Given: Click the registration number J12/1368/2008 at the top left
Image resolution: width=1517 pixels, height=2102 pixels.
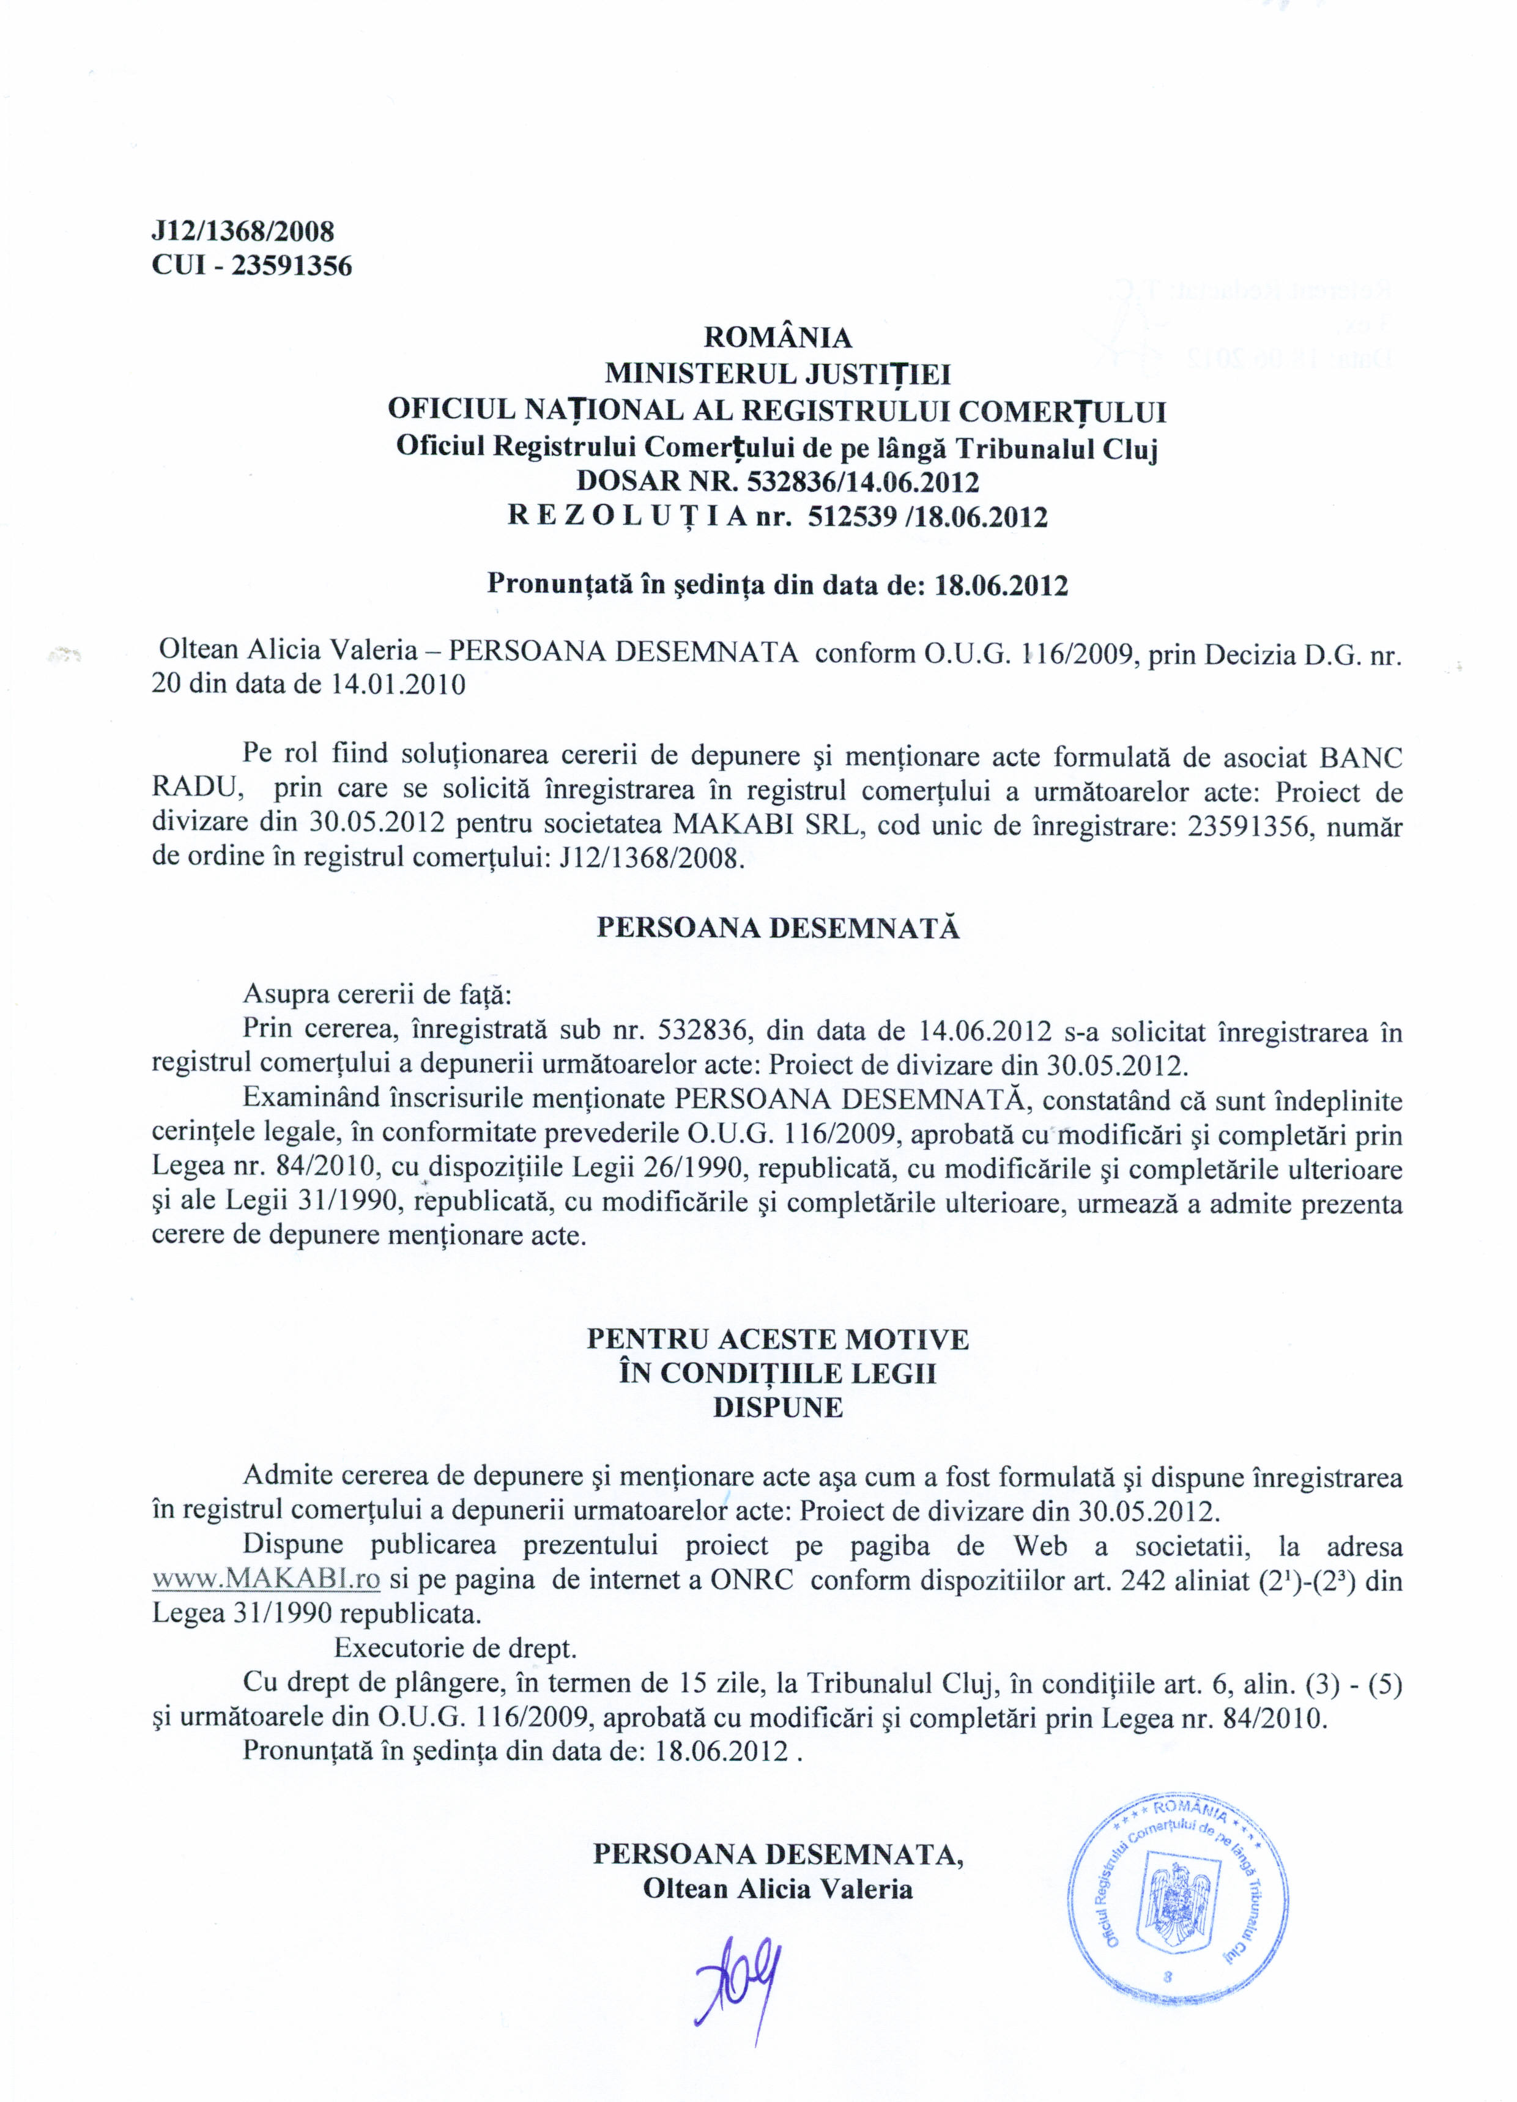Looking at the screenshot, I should click(x=242, y=231).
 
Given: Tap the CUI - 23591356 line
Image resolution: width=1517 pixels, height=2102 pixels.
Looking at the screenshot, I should click(x=251, y=266).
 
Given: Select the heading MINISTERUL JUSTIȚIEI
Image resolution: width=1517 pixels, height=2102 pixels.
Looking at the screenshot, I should click(x=777, y=374).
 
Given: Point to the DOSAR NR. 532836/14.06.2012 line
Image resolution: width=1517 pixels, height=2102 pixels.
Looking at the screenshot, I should click(x=777, y=482).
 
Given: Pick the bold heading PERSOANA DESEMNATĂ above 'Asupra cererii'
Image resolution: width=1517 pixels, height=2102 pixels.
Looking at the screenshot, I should click(x=777, y=928).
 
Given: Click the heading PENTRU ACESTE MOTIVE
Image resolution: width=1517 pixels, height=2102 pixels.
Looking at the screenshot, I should click(x=777, y=1338).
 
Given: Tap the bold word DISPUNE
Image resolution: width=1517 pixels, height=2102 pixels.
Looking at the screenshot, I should click(x=777, y=1408).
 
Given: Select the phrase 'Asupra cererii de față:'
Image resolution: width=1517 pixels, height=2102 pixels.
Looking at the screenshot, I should click(x=376, y=994).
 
